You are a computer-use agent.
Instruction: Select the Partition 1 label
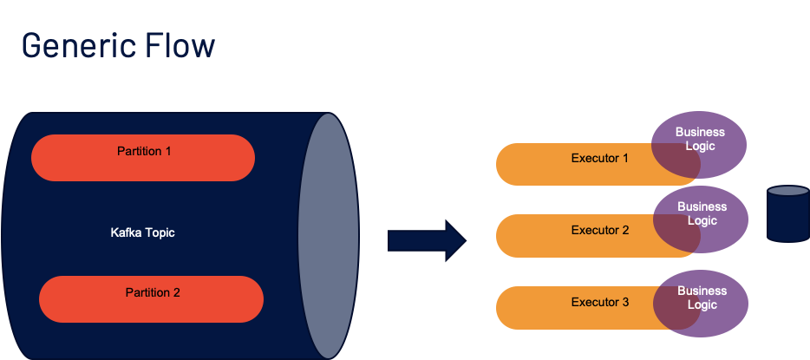(144, 151)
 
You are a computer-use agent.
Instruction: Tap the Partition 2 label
(153, 292)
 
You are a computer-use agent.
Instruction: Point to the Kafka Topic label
(143, 233)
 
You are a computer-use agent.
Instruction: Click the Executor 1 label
(599, 158)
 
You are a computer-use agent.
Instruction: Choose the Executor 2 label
(599, 231)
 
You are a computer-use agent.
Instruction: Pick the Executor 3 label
(599, 303)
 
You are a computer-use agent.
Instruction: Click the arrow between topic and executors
(428, 239)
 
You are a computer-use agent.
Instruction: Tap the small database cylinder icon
(788, 213)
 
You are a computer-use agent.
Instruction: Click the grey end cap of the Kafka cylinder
(329, 233)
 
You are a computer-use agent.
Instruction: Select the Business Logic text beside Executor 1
(700, 139)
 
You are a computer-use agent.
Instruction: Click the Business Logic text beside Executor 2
(702, 213)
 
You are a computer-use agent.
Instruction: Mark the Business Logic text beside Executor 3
(701, 298)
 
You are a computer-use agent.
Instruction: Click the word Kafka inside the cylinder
(127, 233)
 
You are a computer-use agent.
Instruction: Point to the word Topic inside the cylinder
(160, 233)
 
